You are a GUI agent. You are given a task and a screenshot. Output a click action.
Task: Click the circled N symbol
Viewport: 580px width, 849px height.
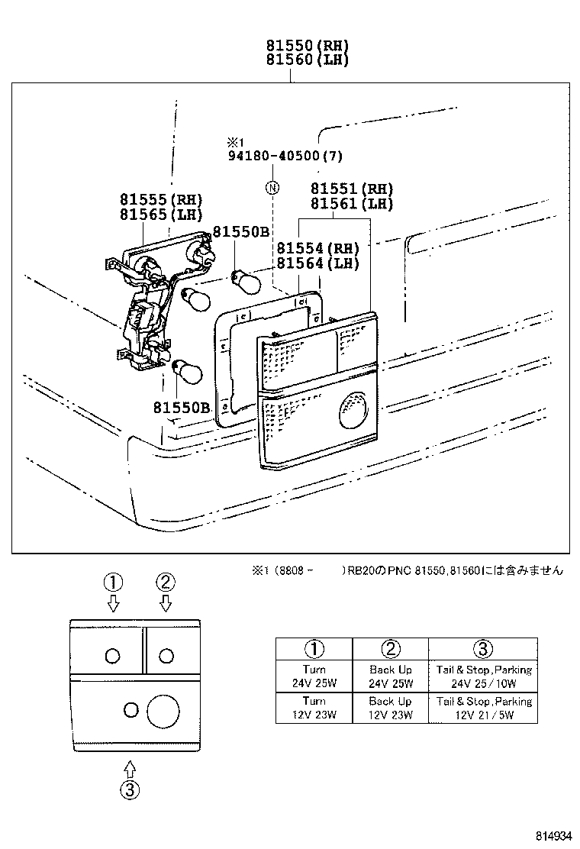pos(272,188)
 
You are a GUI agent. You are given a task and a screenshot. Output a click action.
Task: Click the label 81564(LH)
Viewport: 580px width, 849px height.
pos(317,263)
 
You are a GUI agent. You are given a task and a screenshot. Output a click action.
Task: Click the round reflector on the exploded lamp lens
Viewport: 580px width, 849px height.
pos(352,409)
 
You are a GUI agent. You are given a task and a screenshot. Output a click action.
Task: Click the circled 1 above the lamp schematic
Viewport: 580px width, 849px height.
pos(113,583)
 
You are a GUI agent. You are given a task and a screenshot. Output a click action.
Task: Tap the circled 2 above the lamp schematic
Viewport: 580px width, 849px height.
pos(166,583)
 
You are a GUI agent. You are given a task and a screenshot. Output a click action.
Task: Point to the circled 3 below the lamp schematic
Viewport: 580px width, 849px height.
pos(130,790)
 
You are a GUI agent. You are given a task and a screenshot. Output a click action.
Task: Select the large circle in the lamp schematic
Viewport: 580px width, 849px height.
pos(163,711)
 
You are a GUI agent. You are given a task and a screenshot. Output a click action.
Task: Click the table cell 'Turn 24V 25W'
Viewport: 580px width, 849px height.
pos(314,676)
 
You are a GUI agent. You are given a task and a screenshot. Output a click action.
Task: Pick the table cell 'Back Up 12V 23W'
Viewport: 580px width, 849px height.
pos(390,708)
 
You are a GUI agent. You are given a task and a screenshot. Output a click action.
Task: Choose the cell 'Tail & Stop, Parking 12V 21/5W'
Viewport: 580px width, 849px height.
pos(484,708)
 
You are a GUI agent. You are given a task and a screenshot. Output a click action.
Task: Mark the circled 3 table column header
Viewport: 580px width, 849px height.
pos(483,649)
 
